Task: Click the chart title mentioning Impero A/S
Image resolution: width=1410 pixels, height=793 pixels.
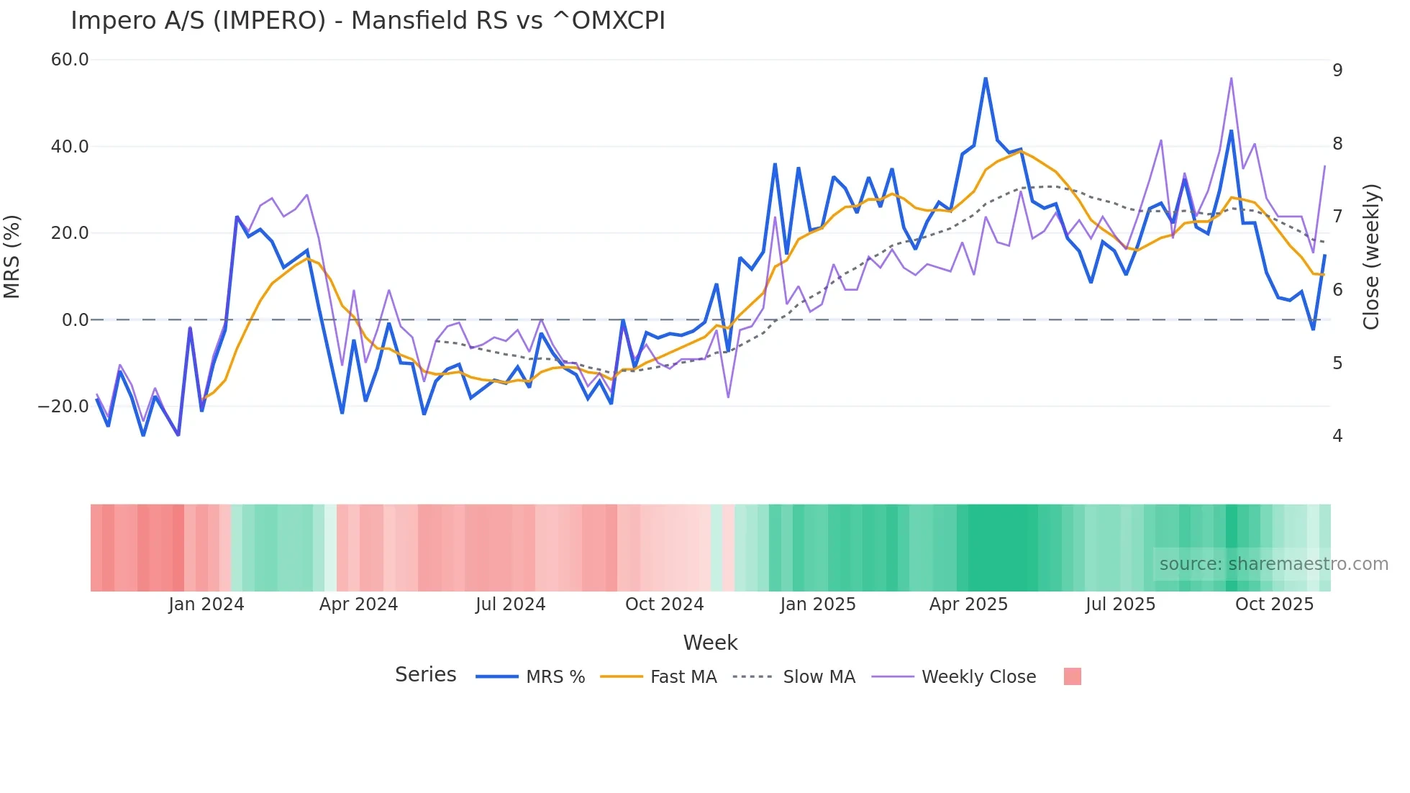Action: (x=368, y=21)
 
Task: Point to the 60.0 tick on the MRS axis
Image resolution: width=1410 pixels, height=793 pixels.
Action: (x=70, y=60)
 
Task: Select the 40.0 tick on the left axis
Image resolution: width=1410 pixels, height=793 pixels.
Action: (x=70, y=147)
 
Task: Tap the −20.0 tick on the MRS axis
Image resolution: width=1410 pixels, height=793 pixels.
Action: (x=63, y=407)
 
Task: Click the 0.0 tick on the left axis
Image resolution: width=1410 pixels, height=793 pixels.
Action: (x=76, y=320)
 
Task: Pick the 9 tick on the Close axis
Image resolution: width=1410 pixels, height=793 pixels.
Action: (x=1337, y=71)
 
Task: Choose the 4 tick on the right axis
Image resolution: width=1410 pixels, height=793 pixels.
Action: (x=1337, y=436)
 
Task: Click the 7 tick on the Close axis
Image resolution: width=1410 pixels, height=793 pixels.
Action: (x=1337, y=217)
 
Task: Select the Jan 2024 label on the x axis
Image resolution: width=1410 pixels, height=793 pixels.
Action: (x=206, y=604)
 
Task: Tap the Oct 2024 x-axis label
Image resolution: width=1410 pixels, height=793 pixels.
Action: (x=664, y=604)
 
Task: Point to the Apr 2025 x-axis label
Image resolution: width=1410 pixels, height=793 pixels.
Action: (x=968, y=604)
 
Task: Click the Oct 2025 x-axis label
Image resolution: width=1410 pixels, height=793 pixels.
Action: (x=1274, y=604)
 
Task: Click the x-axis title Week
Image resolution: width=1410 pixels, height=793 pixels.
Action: (x=710, y=643)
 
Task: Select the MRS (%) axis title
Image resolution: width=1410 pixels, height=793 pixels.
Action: (x=12, y=257)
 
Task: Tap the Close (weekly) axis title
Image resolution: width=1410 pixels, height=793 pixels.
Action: (x=1372, y=257)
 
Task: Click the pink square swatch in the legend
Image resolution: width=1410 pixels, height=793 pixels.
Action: (x=1072, y=676)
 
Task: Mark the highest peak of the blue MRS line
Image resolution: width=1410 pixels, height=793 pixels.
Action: (x=986, y=78)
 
